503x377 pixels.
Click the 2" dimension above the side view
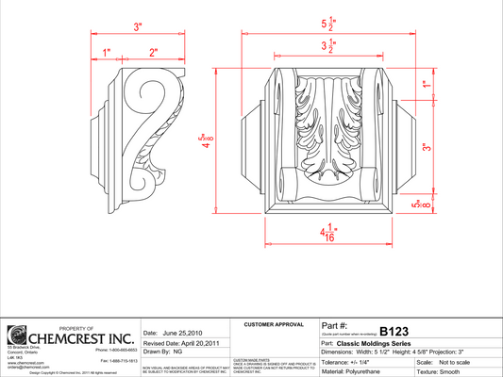[x=153, y=52]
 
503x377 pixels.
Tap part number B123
[x=394, y=332]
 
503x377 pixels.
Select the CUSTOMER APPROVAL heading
[x=272, y=325]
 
